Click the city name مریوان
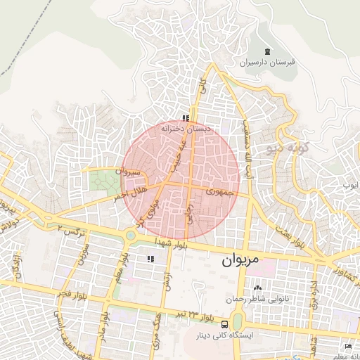[241, 260]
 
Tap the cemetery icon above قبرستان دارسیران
[266, 51]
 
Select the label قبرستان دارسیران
[266, 63]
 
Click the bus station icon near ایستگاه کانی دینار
[224, 324]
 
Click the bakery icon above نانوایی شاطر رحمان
[257, 288]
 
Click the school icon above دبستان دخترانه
[185, 118]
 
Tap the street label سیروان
[131, 172]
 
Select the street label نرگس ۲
[70, 231]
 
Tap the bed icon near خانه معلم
[349, 347]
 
